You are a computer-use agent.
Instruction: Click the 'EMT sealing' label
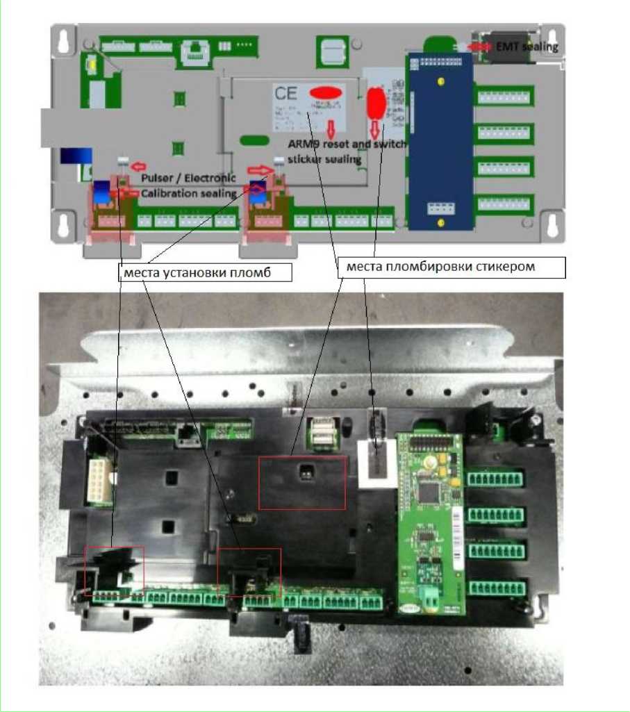[x=527, y=47]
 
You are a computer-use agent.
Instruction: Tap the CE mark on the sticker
[x=286, y=94]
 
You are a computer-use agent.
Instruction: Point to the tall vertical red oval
[x=376, y=103]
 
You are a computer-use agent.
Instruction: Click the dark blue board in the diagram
[x=440, y=140]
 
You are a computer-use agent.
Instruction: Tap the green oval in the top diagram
[x=254, y=140]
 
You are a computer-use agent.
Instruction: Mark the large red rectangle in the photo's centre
[x=301, y=483]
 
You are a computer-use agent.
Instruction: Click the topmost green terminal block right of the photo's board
[x=495, y=479]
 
